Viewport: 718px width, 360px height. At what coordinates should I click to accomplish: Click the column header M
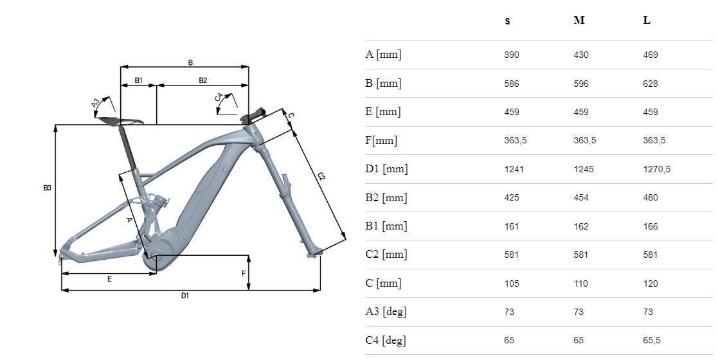coord(579,21)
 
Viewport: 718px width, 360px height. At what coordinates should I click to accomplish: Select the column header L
coord(647,21)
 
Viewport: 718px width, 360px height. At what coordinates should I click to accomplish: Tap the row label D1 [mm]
coord(386,169)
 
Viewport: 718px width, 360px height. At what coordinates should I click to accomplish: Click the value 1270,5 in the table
coord(657,170)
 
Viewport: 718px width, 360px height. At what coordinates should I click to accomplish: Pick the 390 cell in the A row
coord(512,55)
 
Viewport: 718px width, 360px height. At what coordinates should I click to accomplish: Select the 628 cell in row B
coord(651,84)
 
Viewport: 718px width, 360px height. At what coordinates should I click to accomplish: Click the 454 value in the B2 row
coord(580,198)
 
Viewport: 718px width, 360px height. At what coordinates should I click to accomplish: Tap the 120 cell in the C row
coord(651,283)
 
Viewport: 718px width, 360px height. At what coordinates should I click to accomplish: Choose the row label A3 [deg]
coord(386,312)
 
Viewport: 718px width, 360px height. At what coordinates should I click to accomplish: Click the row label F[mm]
coord(381,141)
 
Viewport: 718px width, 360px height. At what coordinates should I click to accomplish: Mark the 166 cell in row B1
coord(651,226)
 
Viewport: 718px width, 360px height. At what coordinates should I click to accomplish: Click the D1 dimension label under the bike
coord(184,296)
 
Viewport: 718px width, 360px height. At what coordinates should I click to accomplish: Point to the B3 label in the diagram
coord(47,188)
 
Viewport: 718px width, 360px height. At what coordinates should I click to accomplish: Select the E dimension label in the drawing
coord(109,278)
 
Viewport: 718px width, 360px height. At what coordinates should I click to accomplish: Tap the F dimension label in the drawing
coord(244,273)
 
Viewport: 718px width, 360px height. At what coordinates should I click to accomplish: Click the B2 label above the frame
coord(203,80)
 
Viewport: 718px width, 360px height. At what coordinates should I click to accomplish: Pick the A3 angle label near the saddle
coord(96,103)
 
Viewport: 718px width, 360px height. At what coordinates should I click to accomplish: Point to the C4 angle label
coord(219,97)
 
